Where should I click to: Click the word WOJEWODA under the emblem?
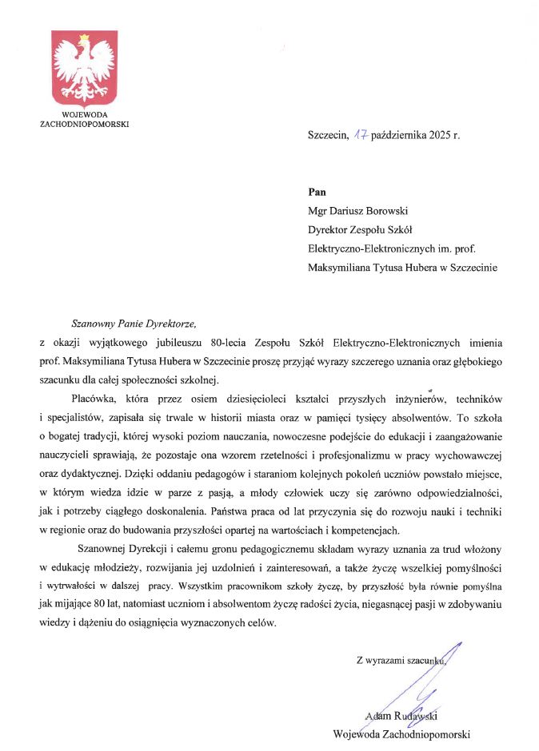84,115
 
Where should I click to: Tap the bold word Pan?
317,192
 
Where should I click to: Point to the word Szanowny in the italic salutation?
95,324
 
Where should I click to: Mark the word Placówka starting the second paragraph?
96,398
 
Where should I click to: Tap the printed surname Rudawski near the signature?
426,715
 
